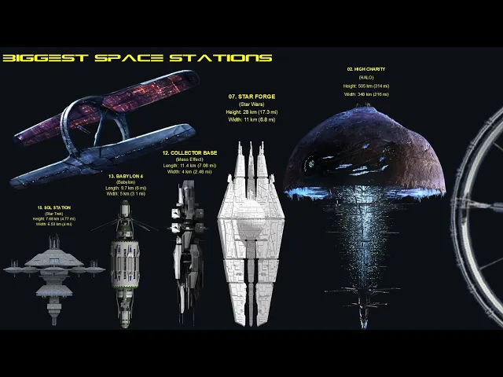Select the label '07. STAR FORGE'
(252, 97)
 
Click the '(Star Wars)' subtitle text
(252, 104)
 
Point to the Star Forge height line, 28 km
(252, 112)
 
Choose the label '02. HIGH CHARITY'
(366, 69)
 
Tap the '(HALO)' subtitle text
(366, 77)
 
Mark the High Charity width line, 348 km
(366, 94)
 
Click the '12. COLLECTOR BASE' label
(190, 152)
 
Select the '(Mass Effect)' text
(190, 159)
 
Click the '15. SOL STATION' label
(53, 207)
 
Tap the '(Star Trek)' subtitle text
(53, 214)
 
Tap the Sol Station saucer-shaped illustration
(53, 271)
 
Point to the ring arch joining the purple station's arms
(94, 126)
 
